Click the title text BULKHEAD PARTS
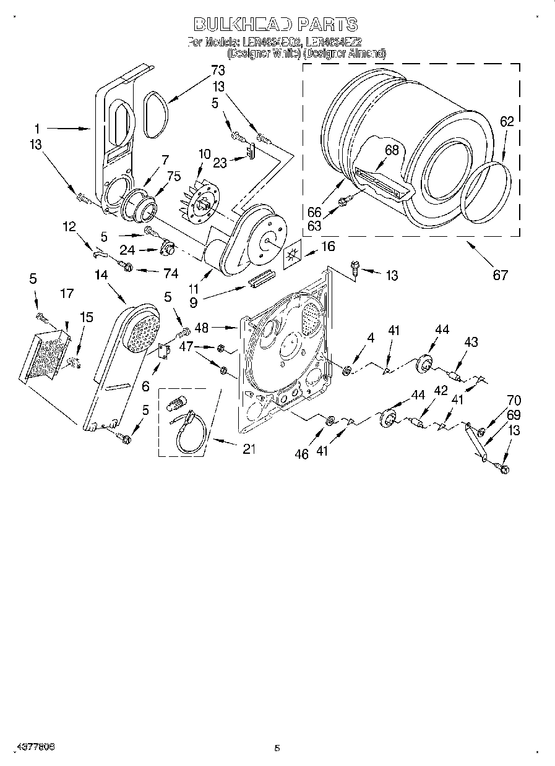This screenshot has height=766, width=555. tap(276, 25)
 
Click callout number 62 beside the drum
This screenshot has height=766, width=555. tap(507, 122)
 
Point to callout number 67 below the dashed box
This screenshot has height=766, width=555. tap(499, 276)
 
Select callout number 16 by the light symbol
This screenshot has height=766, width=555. tap(327, 247)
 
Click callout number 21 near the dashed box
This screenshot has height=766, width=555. tap(249, 449)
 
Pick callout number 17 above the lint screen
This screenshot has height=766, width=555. tap(67, 294)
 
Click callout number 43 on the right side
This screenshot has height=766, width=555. tap(471, 341)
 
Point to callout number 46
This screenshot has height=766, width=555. tap(301, 454)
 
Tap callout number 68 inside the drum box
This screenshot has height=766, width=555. tap(391, 150)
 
